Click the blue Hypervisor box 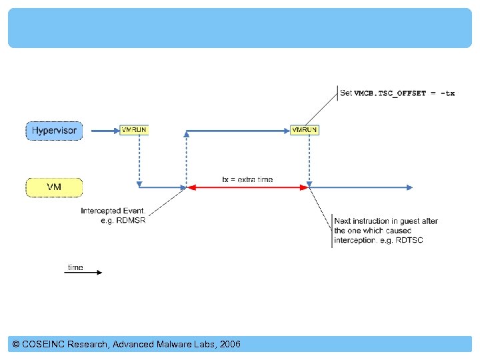click(54, 131)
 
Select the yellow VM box click(54, 187)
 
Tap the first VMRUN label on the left click(134, 130)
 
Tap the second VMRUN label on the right click(305, 130)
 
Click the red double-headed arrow click(247, 188)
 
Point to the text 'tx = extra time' click(247, 179)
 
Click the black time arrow click(83, 273)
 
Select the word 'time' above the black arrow click(75, 267)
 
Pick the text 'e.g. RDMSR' click(123, 221)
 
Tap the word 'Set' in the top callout click(345, 93)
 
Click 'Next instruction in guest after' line click(385, 221)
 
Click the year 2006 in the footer click(229, 345)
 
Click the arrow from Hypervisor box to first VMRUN click(103, 131)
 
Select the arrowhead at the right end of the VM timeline click(409, 188)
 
